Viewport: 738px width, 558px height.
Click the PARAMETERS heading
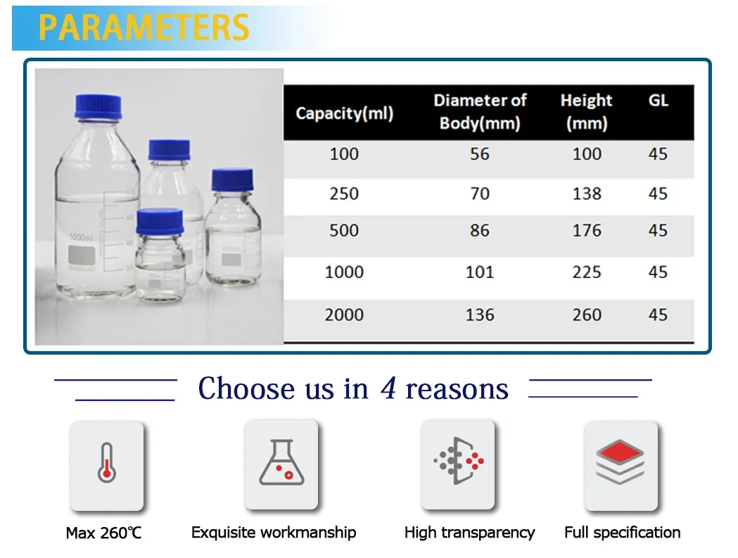point(144,27)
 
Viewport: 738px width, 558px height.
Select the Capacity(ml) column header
point(344,113)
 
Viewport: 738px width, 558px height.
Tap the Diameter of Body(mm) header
point(480,112)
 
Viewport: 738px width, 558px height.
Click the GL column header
point(658,101)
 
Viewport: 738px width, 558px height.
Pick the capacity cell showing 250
point(344,193)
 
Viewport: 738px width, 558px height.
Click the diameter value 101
point(480,272)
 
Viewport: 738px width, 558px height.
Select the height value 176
point(587,231)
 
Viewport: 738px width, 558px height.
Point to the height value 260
point(587,315)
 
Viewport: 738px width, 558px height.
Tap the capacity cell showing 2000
point(344,315)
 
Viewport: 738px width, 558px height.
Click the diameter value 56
point(480,153)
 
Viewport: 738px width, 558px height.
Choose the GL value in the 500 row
point(658,231)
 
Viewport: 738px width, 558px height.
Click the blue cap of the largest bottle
point(98,106)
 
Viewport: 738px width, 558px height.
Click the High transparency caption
point(469,533)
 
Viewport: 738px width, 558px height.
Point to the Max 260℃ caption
point(103,533)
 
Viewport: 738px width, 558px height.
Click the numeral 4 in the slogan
point(388,388)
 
